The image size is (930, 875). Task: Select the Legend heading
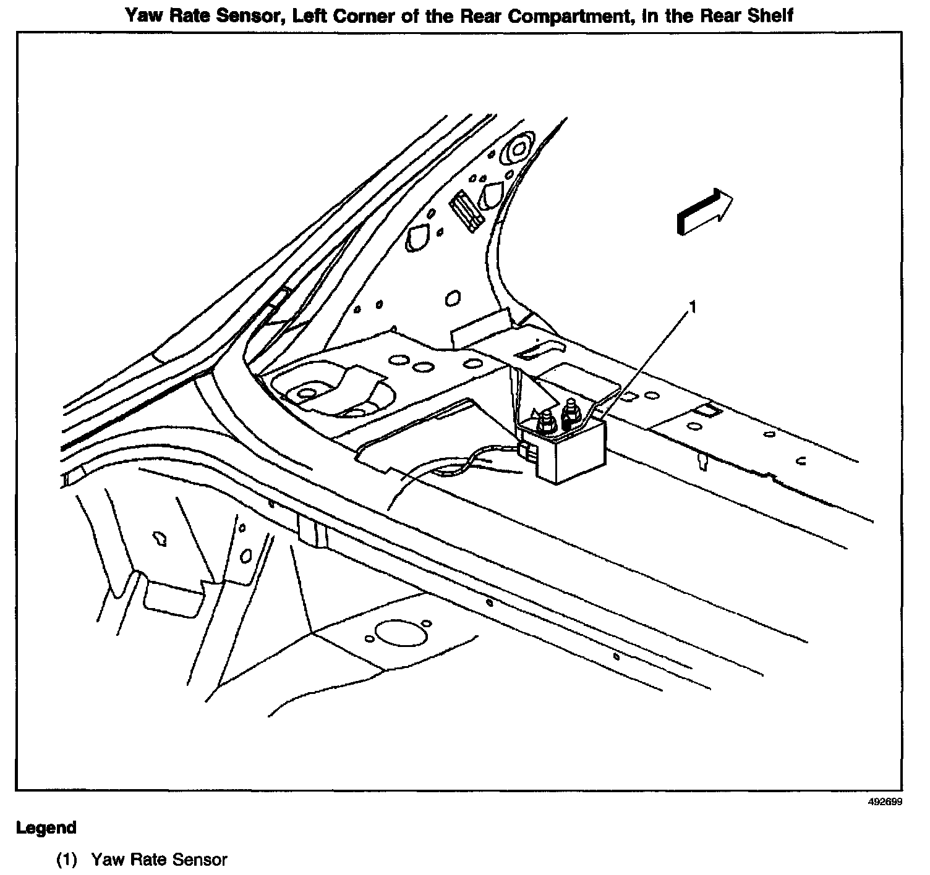coord(46,827)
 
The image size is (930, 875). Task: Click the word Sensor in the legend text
coord(200,860)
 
